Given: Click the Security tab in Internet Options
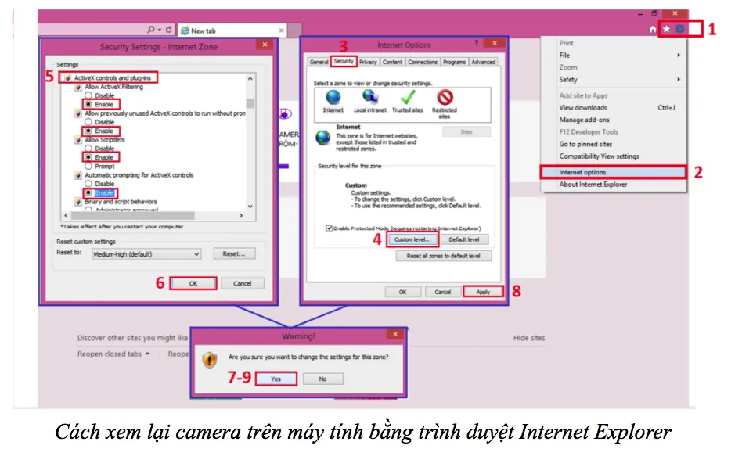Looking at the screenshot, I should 344,61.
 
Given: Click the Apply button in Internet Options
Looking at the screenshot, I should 483,292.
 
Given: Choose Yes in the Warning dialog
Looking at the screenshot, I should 276,379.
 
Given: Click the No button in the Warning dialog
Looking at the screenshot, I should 322,379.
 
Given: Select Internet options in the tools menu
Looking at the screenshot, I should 582,172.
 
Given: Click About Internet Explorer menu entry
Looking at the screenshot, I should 593,185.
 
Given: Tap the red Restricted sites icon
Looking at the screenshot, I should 445,99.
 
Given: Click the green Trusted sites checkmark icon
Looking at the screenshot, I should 407,99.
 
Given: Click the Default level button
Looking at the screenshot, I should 464,239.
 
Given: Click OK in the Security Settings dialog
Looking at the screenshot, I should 193,283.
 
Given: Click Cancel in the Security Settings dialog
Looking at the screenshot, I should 242,283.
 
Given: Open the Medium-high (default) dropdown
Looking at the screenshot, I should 146,254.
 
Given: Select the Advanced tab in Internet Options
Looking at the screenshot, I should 483,62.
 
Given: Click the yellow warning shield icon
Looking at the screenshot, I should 209,361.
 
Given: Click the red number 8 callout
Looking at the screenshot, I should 517,292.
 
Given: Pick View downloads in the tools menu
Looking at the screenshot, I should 583,108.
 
